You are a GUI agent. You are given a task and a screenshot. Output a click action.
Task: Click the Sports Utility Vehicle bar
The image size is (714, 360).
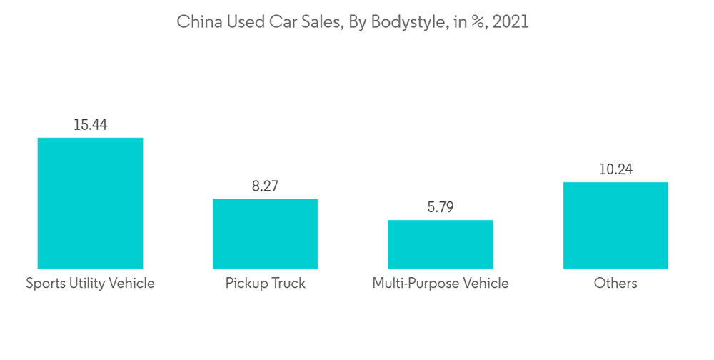[90, 203]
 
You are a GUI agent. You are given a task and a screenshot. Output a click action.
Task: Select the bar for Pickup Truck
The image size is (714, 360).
[265, 234]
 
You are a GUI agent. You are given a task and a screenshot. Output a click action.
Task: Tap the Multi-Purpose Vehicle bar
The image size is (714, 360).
[440, 244]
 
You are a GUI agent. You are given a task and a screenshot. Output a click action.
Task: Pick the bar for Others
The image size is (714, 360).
[615, 225]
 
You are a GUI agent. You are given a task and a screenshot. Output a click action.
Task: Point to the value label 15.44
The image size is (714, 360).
[90, 124]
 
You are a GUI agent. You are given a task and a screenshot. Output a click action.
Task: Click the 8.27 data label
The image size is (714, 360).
[265, 186]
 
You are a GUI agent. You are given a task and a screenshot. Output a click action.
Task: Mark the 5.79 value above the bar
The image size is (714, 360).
[440, 207]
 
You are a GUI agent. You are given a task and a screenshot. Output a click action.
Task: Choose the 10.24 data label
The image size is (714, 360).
[615, 169]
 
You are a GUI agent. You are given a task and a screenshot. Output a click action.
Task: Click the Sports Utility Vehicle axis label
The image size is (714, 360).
[90, 284]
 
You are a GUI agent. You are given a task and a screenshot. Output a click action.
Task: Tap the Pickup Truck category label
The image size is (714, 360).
[265, 284]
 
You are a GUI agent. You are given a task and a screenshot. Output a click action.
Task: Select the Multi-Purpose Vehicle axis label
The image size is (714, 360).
[440, 284]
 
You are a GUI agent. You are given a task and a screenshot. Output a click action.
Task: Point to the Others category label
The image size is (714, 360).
[615, 284]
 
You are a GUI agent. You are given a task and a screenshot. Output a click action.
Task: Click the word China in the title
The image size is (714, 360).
[197, 22]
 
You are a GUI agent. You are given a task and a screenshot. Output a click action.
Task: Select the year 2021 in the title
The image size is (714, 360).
[511, 22]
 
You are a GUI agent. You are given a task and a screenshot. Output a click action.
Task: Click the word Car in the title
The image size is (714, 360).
[278, 22]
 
